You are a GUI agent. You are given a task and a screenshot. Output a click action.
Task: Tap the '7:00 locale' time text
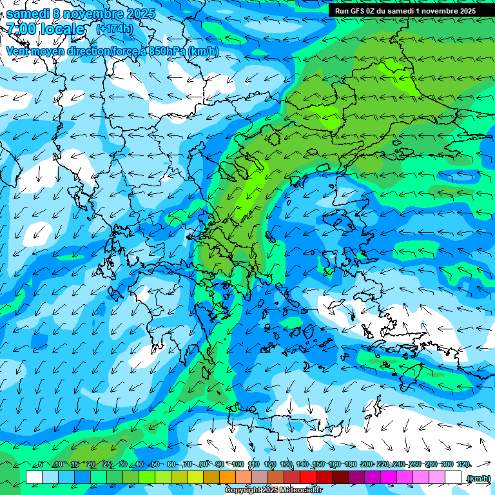45,29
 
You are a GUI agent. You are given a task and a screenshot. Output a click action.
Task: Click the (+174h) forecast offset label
114,28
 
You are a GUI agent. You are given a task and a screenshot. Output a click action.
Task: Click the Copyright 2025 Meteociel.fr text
273,490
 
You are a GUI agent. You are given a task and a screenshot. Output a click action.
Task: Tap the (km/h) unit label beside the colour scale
478,478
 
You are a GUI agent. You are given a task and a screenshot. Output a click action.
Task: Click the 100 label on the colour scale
238,465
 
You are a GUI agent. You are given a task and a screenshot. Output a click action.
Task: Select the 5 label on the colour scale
41,465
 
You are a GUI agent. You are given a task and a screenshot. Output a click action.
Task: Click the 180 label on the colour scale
351,465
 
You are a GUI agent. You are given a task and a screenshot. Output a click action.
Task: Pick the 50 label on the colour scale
155,465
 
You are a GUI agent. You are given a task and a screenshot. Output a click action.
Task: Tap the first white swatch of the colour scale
34,478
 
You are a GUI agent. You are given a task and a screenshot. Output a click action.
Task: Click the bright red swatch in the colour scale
308,478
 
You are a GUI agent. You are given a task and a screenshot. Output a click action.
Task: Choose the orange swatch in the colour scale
228,478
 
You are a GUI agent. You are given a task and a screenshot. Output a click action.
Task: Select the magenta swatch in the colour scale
389,478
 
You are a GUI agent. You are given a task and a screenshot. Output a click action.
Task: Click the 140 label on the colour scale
302,465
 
